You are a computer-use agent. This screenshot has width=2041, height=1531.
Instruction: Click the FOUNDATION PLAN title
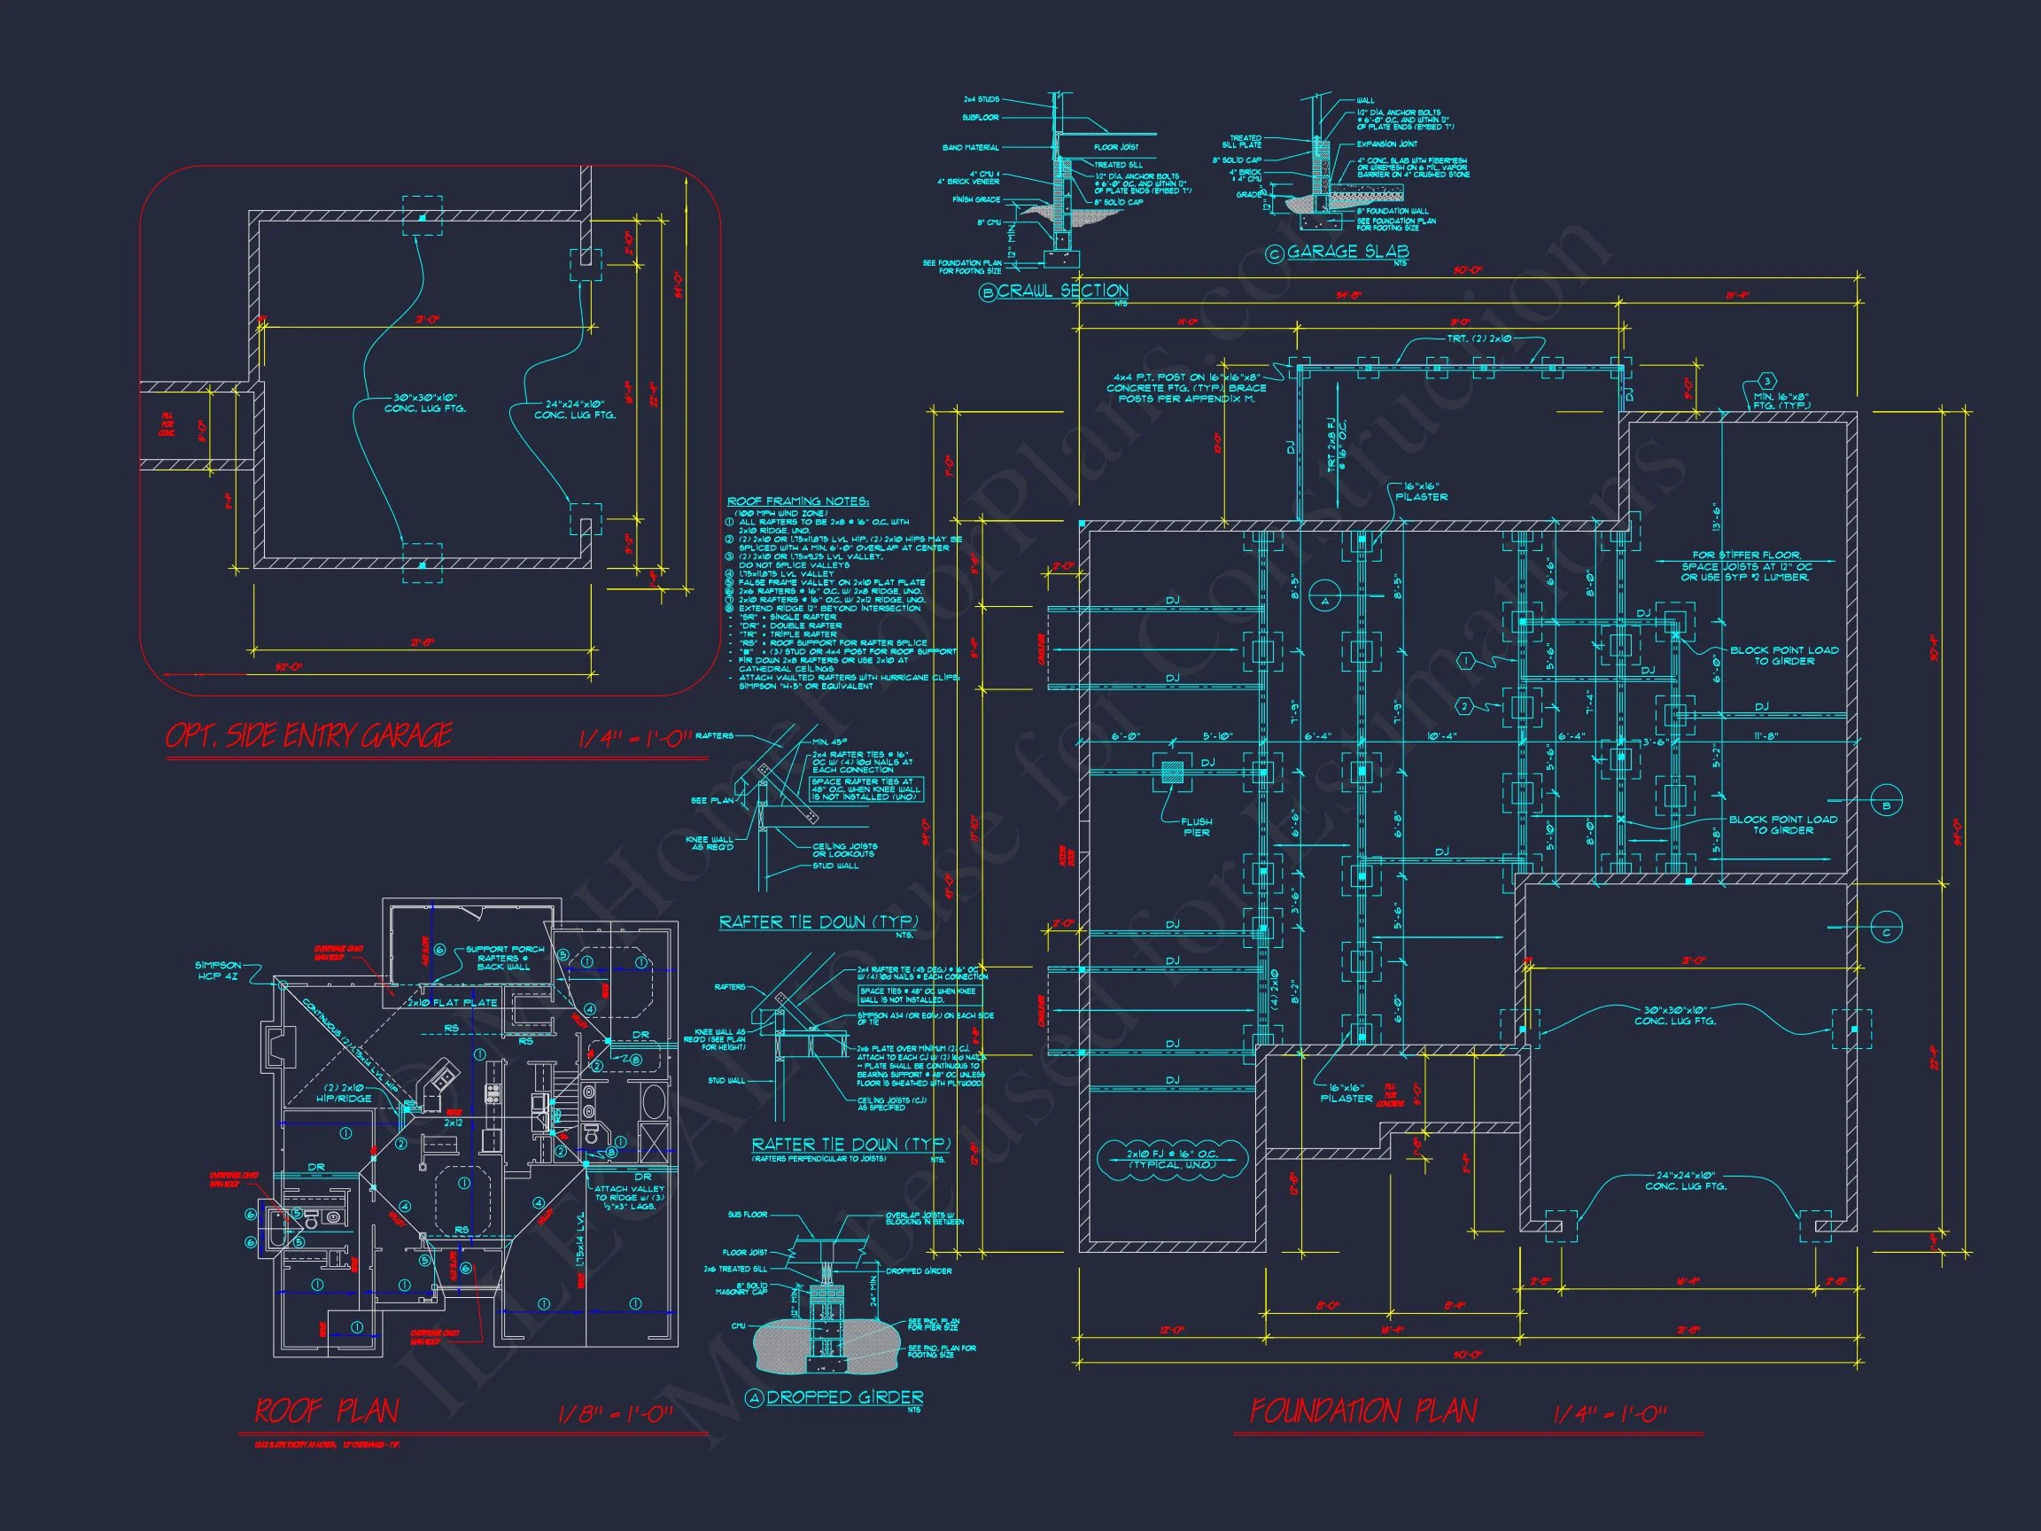tap(1362, 1411)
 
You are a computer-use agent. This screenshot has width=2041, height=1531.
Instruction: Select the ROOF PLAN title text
tap(327, 1411)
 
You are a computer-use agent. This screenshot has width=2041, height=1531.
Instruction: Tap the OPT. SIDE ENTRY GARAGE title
tap(308, 735)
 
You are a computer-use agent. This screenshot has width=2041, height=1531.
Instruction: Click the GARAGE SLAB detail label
tap(1347, 251)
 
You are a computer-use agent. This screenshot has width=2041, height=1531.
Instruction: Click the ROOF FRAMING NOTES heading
tap(798, 501)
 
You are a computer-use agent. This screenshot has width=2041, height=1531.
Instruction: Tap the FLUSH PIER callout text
tap(1196, 827)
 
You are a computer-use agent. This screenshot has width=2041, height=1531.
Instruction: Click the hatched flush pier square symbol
tap(1172, 773)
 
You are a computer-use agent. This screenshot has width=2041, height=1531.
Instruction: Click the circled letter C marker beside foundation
tap(1886, 933)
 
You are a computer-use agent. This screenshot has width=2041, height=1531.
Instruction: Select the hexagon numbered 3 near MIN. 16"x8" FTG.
tap(1766, 382)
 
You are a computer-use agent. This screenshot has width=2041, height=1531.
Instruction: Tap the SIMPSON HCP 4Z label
tap(218, 971)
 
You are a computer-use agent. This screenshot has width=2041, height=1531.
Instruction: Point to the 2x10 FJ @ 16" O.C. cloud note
tap(1173, 1159)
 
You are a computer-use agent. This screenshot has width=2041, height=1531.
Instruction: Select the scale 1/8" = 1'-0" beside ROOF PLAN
tap(616, 1415)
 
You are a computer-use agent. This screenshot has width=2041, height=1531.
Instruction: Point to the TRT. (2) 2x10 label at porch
tap(1479, 339)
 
